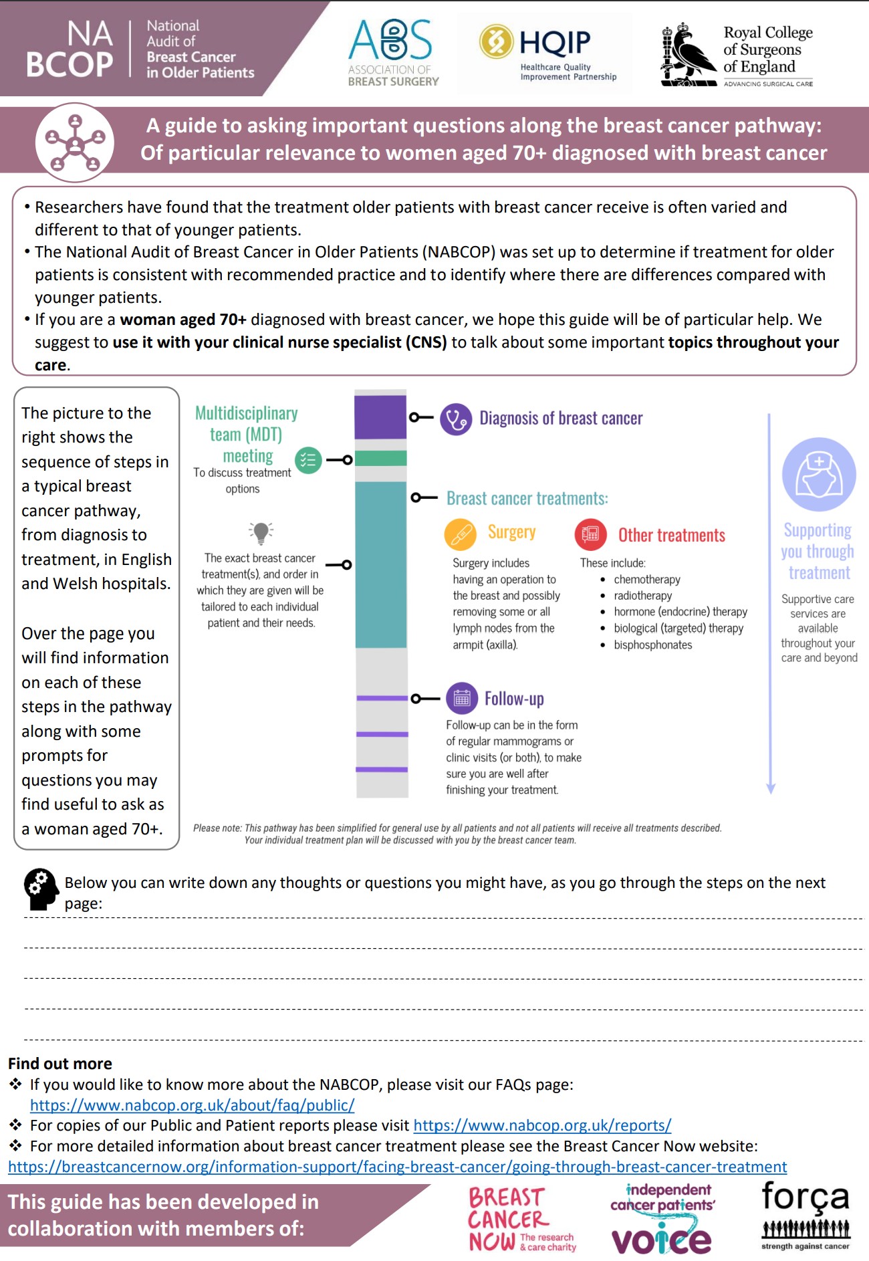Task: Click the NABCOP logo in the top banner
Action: click(140, 49)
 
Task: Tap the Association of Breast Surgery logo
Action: click(392, 53)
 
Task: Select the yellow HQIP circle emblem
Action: click(496, 41)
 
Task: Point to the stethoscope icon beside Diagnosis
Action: click(456, 419)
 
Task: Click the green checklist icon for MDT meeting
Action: click(308, 460)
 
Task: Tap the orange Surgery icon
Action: click(460, 534)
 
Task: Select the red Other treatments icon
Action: click(590, 534)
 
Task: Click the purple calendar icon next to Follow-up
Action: click(462, 699)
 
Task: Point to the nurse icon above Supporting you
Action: click(819, 474)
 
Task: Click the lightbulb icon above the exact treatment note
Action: click(261, 533)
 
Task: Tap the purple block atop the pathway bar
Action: click(380, 417)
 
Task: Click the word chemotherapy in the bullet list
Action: click(646, 579)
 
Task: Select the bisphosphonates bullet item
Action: click(652, 645)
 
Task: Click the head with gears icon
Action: click(41, 889)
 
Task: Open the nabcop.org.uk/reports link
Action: click(542, 1125)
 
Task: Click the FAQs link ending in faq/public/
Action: click(192, 1105)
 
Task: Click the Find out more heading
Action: click(60, 1064)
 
